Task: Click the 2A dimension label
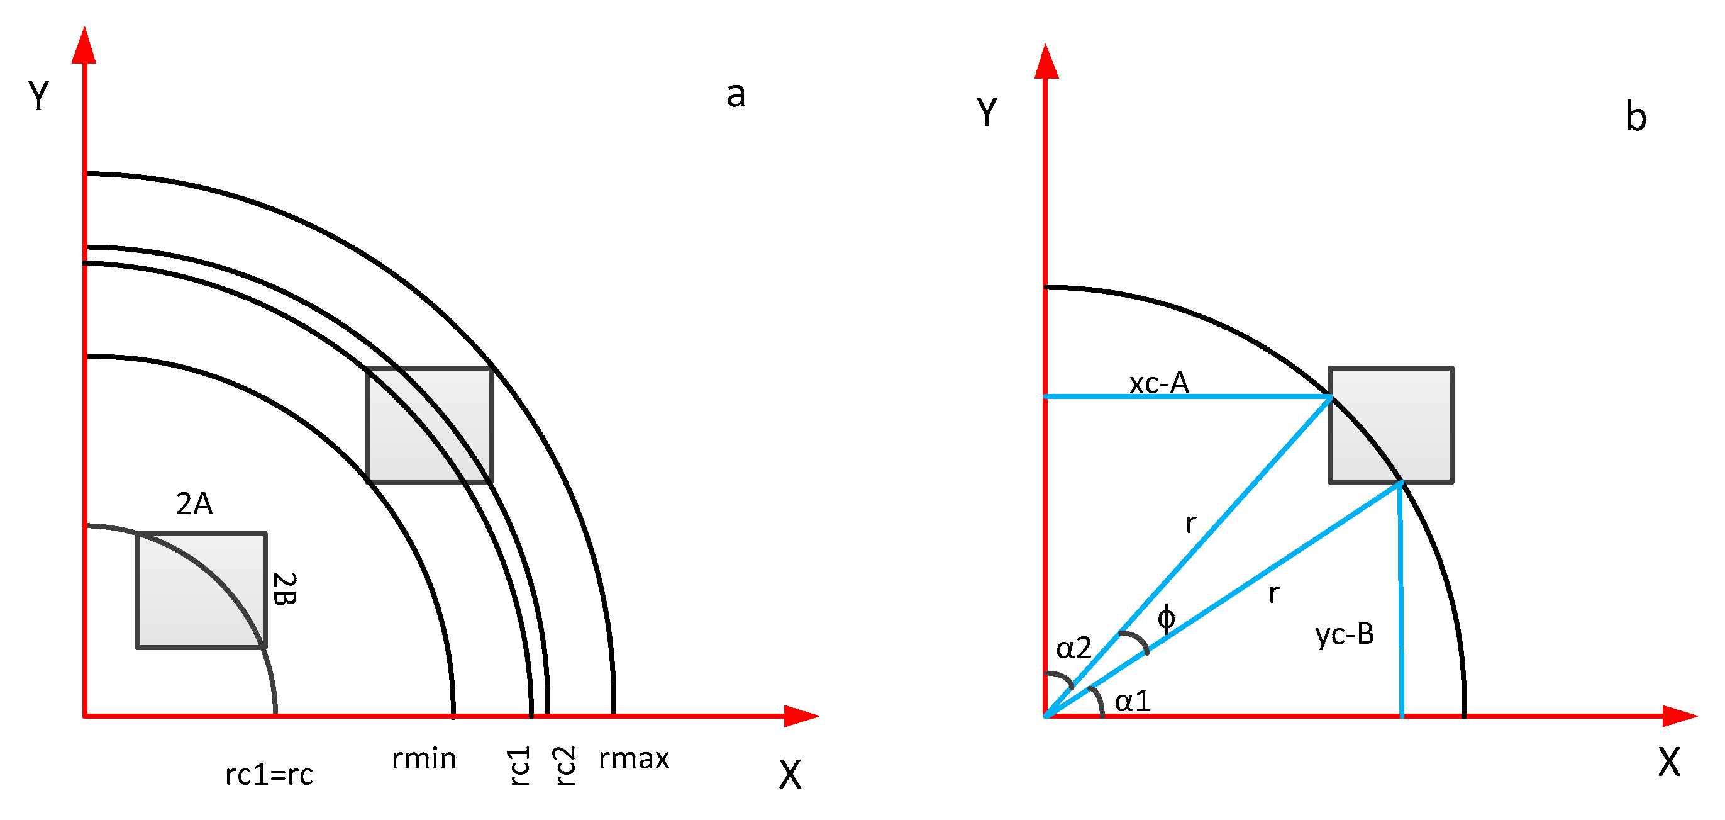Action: click(x=194, y=504)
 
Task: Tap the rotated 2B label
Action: click(x=286, y=590)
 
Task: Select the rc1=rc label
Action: click(x=269, y=775)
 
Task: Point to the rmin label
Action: click(x=424, y=759)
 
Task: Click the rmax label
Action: click(x=633, y=759)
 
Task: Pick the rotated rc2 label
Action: click(x=564, y=766)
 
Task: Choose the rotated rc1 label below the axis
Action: click(x=519, y=766)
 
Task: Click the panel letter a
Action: click(x=735, y=94)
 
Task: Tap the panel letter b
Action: click(x=1636, y=116)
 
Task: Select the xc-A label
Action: click(x=1158, y=383)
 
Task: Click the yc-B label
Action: click(x=1345, y=634)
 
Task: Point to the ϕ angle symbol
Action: click(x=1166, y=618)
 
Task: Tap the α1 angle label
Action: click(x=1133, y=702)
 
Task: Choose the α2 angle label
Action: click(x=1073, y=648)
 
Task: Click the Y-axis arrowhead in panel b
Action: click(x=1046, y=62)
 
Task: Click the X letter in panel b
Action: click(x=1669, y=762)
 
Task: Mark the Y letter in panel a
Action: click(x=39, y=96)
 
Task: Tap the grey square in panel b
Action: click(x=1390, y=425)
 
